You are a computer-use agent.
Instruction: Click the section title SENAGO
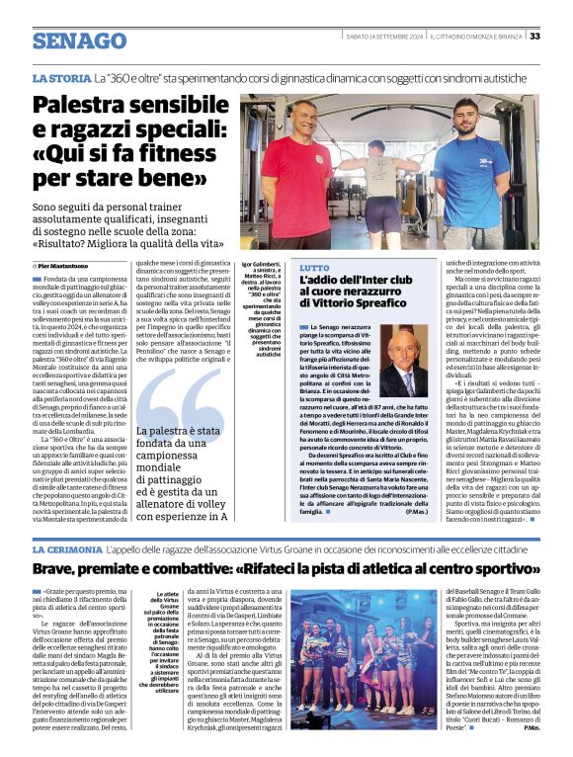pos(72,41)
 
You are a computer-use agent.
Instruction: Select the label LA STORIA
pos(61,77)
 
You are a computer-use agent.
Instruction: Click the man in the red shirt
pos(295,168)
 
